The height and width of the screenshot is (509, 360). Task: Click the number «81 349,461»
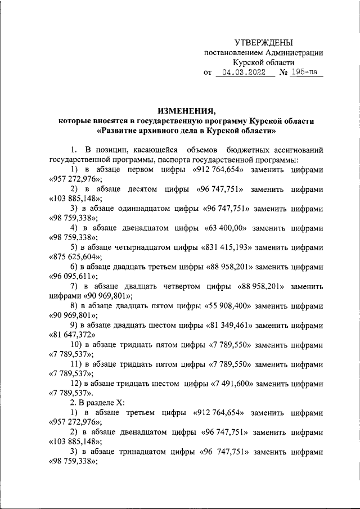point(228,326)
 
